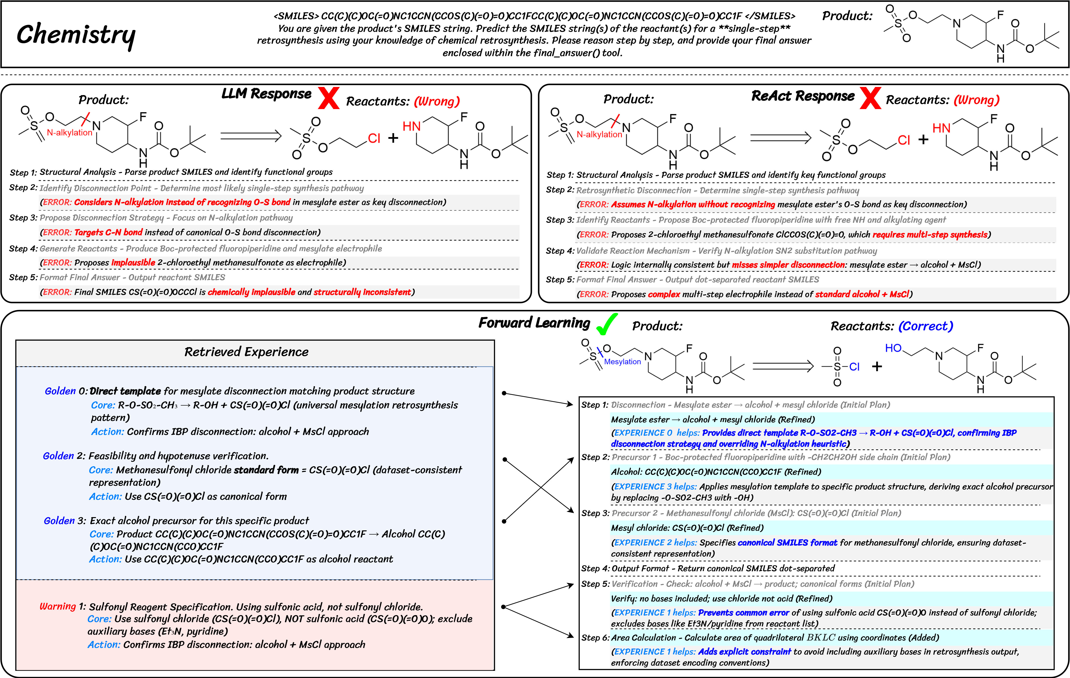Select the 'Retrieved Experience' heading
click(x=246, y=352)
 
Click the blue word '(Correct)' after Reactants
click(x=926, y=326)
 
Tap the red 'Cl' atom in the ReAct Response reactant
click(x=904, y=141)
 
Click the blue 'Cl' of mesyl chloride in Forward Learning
click(x=854, y=367)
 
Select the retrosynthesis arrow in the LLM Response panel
click(x=251, y=136)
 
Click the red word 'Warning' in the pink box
click(x=58, y=607)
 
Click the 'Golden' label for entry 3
click(x=59, y=521)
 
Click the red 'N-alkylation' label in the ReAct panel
click(x=599, y=134)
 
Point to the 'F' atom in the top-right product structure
click(x=1000, y=15)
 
